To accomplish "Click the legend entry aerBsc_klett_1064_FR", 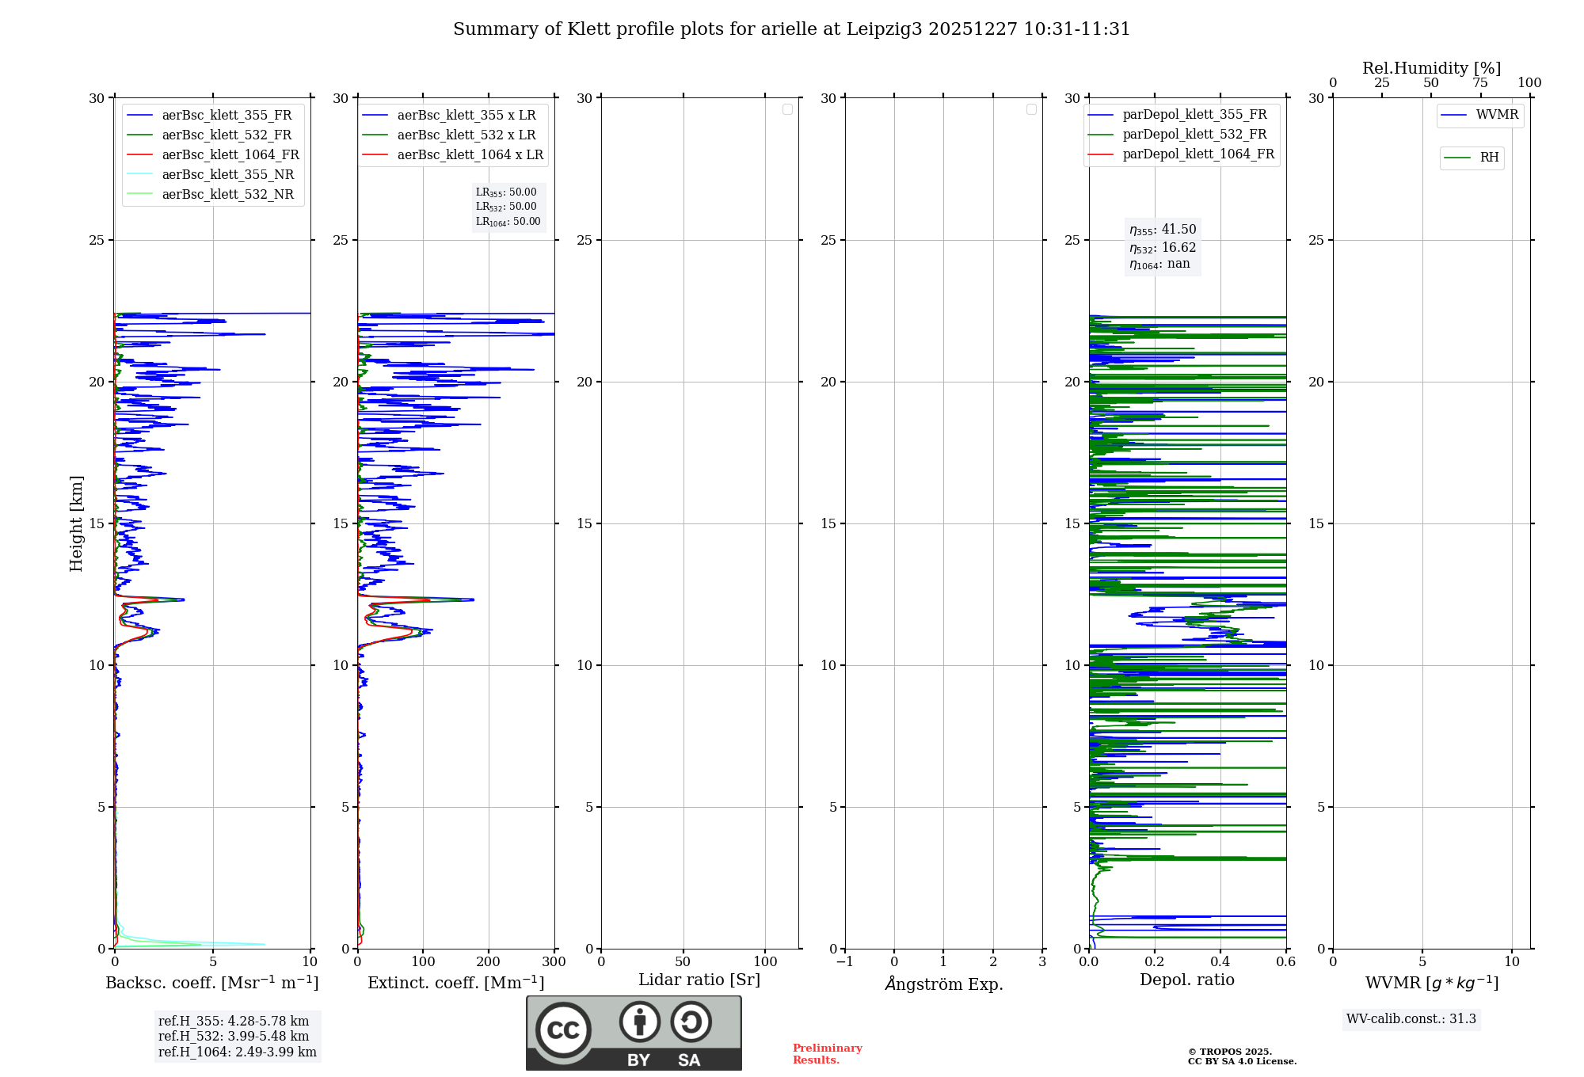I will [230, 155].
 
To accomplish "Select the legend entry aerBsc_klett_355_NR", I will [227, 175].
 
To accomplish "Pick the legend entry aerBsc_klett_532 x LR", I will [466, 135].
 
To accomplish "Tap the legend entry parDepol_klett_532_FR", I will [1194, 135].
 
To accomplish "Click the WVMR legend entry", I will [1497, 115].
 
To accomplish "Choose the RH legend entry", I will [1489, 158].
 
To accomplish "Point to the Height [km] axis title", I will [76, 523].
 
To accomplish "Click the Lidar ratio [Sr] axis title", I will [699, 980].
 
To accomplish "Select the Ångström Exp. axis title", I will [943, 984].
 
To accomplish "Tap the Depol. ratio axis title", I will [1186, 980].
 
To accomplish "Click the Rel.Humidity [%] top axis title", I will [1431, 68].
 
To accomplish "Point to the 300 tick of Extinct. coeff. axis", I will [554, 962].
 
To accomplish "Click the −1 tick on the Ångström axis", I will [845, 962].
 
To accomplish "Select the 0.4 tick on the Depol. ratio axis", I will [1220, 962].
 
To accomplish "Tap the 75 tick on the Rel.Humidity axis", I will [1479, 83].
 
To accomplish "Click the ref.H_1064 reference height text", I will [237, 1052].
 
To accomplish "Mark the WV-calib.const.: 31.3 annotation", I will [1411, 1019].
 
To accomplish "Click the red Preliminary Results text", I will [827, 1054].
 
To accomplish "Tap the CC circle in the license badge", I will [563, 1030].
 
